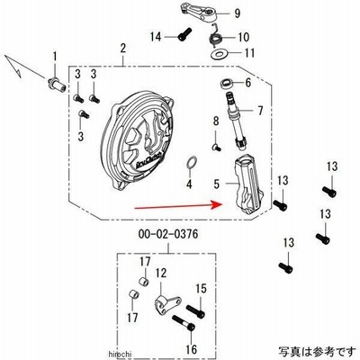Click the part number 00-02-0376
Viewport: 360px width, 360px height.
click(x=168, y=234)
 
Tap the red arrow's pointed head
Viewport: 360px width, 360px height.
click(x=221, y=204)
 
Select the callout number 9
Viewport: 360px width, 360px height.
click(x=238, y=13)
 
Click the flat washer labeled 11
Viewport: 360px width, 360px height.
click(x=219, y=54)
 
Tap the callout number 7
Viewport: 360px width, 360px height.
click(x=260, y=111)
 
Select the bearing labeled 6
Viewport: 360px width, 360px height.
click(x=227, y=84)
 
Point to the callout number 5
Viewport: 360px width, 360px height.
click(x=217, y=184)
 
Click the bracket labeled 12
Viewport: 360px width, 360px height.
click(x=166, y=303)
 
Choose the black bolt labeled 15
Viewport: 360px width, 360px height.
click(x=195, y=311)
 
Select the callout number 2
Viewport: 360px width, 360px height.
click(x=123, y=49)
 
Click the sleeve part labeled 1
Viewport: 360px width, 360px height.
click(x=57, y=84)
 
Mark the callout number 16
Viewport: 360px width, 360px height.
click(x=192, y=349)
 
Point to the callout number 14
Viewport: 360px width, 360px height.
click(x=156, y=37)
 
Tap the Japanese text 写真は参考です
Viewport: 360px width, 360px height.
click(x=317, y=351)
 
